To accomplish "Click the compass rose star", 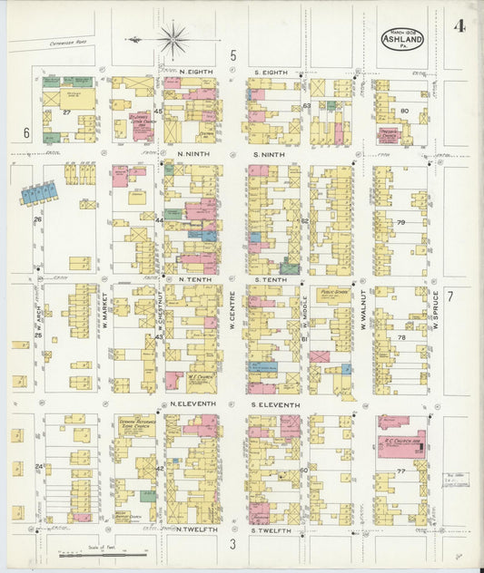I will [173, 39].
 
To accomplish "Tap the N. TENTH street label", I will [194, 279].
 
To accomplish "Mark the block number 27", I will [66, 112].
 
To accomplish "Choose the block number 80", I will [403, 112].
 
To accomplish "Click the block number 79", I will [400, 222].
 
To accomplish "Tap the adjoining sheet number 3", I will [232, 544].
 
